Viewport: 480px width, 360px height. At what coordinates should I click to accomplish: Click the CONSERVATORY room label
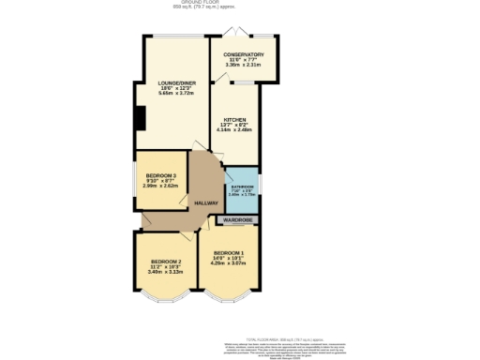pos(244,54)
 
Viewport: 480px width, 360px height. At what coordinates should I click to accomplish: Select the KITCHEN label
pos(234,119)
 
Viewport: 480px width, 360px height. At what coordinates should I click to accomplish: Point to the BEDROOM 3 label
pos(161,175)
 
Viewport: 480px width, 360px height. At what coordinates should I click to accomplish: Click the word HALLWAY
pos(205,202)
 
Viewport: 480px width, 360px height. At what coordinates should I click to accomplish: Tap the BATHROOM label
pos(242,187)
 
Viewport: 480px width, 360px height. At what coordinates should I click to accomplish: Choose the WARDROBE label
pos(239,220)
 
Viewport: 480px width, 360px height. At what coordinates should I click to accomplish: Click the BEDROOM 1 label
pos(229,253)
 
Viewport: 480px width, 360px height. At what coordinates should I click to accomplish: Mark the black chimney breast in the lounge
pos(140,118)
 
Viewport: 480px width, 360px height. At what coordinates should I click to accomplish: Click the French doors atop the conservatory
pos(244,36)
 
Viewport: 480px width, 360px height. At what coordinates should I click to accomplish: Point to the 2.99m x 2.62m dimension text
pos(161,186)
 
